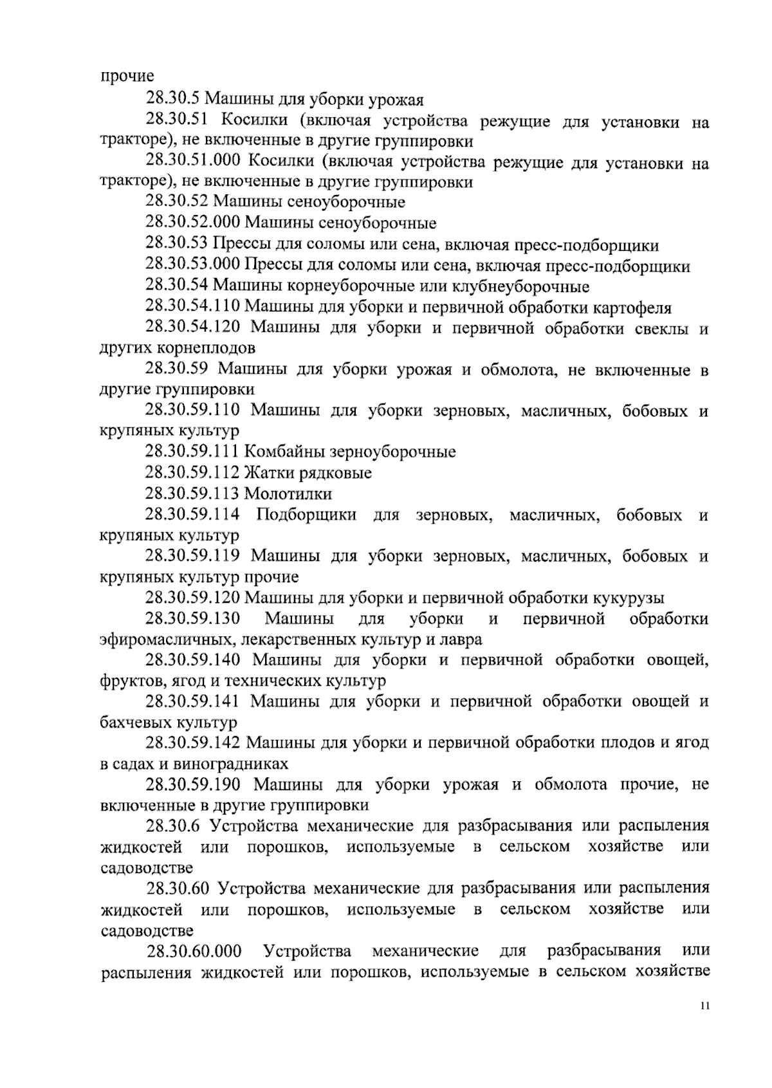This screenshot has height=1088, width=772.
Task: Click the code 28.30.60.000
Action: coord(195,951)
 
